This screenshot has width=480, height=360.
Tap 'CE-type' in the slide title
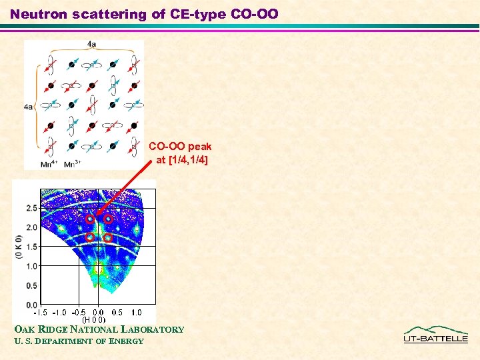pos(195,14)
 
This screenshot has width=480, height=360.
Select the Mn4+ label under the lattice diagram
pos(49,163)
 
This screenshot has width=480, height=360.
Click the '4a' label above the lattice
pos(90,44)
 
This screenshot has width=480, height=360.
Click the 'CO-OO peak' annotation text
pos(180,146)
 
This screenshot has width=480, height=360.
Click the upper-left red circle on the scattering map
pos(89,219)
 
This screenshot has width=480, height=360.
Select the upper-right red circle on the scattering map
pos(108,219)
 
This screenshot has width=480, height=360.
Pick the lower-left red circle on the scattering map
pos(89,237)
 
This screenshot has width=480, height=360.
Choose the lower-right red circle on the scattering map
pos(107,237)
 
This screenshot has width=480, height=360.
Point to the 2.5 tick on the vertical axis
pos(31,209)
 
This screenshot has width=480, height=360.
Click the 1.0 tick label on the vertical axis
pos(31,267)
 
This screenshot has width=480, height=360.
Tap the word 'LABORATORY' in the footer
pos(155,329)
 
